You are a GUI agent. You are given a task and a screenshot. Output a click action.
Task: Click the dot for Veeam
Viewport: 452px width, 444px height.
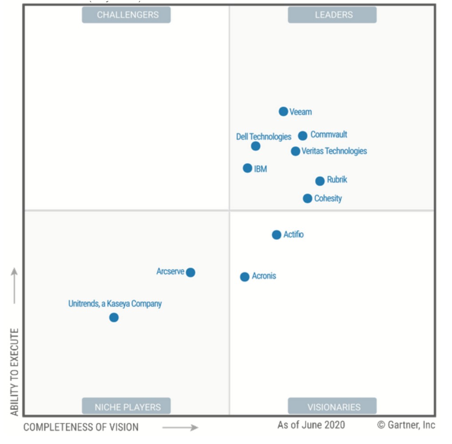pyautogui.click(x=283, y=111)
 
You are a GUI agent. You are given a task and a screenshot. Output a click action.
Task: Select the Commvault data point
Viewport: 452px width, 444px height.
pyautogui.click(x=302, y=136)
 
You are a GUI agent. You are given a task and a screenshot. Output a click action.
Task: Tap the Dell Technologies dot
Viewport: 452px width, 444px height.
pyautogui.click(x=255, y=146)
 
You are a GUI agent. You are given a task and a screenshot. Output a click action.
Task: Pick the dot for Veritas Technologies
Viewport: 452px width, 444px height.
pyautogui.click(x=295, y=151)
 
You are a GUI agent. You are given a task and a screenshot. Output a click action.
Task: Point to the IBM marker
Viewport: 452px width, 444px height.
pyautogui.click(x=247, y=168)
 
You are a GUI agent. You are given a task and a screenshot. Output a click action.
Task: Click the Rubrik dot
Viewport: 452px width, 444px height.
pyautogui.click(x=320, y=181)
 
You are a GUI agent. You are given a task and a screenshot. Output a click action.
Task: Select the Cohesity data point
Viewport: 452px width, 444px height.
pyautogui.click(x=307, y=198)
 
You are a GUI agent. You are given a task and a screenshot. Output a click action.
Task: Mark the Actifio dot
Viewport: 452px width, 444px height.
pyautogui.click(x=276, y=235)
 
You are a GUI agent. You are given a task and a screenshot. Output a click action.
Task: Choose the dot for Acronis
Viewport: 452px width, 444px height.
pyautogui.click(x=245, y=277)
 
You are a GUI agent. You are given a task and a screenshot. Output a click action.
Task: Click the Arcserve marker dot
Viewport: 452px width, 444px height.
pyautogui.click(x=190, y=273)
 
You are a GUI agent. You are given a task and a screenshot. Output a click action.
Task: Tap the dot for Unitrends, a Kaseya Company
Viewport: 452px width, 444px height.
pyautogui.click(x=114, y=318)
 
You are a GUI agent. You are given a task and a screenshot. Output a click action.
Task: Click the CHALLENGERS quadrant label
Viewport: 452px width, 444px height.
pyautogui.click(x=127, y=15)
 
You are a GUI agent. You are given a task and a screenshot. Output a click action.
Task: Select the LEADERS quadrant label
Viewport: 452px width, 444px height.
pyautogui.click(x=333, y=15)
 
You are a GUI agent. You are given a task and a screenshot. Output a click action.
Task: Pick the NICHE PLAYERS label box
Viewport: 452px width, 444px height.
pyautogui.click(x=127, y=406)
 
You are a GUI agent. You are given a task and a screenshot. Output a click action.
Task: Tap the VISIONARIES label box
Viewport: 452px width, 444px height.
pyautogui.click(x=333, y=406)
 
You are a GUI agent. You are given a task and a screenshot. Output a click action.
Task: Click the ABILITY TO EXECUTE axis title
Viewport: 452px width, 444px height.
pyautogui.click(x=15, y=372)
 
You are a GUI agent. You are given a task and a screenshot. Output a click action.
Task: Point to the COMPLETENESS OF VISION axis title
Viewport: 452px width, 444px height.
pyautogui.click(x=81, y=428)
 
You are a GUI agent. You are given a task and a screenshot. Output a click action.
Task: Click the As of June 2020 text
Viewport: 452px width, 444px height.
pyautogui.click(x=311, y=425)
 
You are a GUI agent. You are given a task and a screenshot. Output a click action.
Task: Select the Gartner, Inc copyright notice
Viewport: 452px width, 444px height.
pyautogui.click(x=406, y=425)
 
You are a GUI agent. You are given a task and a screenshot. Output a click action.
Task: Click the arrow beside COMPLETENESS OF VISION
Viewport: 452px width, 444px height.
pyautogui.click(x=180, y=428)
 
